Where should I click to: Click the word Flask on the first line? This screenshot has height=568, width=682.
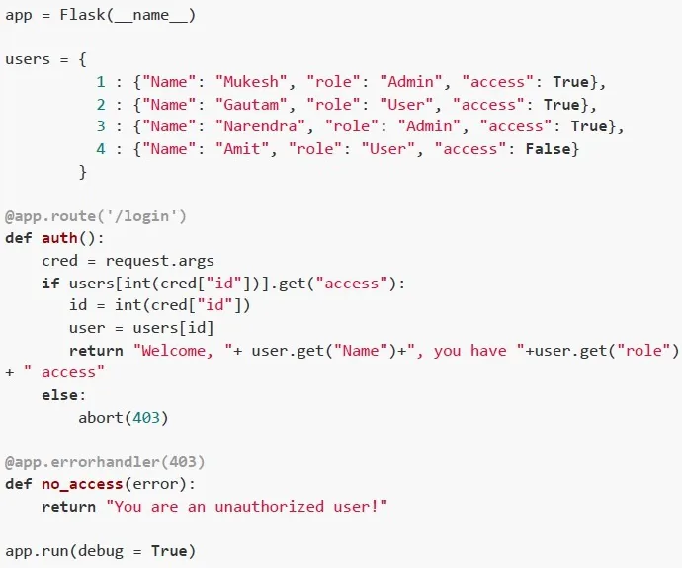click(x=82, y=15)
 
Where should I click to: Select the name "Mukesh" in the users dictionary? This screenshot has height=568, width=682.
click(x=251, y=82)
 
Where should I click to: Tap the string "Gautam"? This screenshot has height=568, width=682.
click(x=251, y=105)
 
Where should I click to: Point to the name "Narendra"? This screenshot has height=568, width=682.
click(x=260, y=126)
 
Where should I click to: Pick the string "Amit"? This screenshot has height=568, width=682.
click(x=242, y=148)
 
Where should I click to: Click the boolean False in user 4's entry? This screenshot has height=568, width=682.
click(x=548, y=148)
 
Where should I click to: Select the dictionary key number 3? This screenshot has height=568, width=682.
click(x=101, y=126)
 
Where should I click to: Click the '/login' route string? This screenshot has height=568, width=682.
click(x=146, y=216)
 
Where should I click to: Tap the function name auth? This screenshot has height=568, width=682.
click(x=59, y=238)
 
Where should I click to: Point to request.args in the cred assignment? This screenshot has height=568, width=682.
click(x=159, y=261)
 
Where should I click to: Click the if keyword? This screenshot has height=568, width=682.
click(x=50, y=284)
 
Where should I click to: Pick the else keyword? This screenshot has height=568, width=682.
click(x=59, y=395)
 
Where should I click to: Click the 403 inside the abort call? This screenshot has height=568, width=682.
click(x=146, y=418)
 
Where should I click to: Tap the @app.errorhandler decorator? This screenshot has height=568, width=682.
click(x=82, y=462)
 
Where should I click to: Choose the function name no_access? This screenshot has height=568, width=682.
click(x=82, y=484)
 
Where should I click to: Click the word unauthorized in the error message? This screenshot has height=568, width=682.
click(x=269, y=507)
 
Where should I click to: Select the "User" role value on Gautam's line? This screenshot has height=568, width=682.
click(x=406, y=105)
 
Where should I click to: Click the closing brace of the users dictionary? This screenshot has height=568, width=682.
click(x=83, y=172)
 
